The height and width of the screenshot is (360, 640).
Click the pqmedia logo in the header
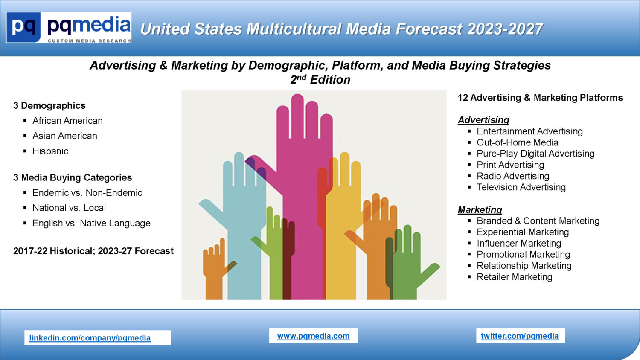point(69,27)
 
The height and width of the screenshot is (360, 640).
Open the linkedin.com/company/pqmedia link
point(90,338)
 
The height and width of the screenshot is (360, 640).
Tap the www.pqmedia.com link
point(314,336)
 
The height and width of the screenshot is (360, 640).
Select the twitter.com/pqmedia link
point(520,336)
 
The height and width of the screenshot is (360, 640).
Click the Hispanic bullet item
point(50,151)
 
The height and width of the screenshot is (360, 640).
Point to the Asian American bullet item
point(65,136)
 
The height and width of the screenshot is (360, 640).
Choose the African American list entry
point(67,121)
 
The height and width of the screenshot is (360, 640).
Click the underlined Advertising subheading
point(483,120)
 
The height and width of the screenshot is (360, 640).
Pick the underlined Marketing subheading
point(480,210)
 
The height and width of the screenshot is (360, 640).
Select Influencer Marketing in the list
point(519,243)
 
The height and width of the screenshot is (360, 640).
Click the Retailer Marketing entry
point(514,277)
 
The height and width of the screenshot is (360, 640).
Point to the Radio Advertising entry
point(513,176)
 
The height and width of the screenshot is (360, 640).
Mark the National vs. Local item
point(69,208)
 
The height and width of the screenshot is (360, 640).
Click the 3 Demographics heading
point(49,105)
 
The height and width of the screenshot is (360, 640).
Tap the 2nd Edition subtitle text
point(320,79)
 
